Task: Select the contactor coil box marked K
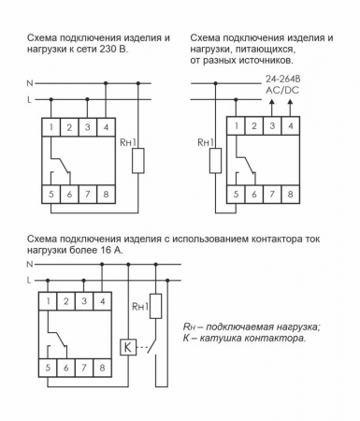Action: click(x=128, y=344)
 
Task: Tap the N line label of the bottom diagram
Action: click(x=30, y=266)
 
